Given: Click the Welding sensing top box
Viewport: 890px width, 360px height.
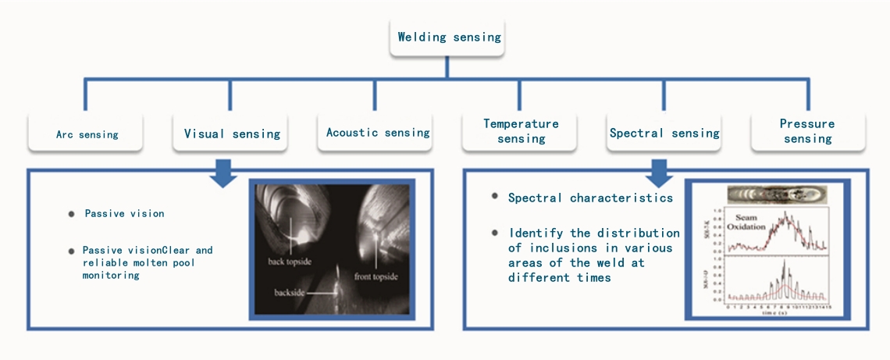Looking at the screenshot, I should pos(449,37).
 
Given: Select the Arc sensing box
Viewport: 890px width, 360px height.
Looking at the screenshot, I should pos(87,134).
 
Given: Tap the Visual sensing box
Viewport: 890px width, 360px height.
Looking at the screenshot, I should pos(232,134).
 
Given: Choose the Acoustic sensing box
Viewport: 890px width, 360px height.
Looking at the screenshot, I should pos(378,133).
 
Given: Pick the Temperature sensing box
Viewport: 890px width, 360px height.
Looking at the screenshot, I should pos(521,131).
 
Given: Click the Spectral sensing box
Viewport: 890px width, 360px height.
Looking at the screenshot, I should pos(664,133).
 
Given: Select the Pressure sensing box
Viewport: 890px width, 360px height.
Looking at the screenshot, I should pos(807,131).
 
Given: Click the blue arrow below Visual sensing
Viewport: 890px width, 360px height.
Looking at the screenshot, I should pos(226,173).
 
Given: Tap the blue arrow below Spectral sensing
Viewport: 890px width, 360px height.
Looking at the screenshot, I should pos(659,173).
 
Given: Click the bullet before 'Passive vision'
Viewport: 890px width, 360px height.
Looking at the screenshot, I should pos(72,213).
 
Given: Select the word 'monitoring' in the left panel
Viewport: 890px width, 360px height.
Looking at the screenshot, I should pos(111,276).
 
